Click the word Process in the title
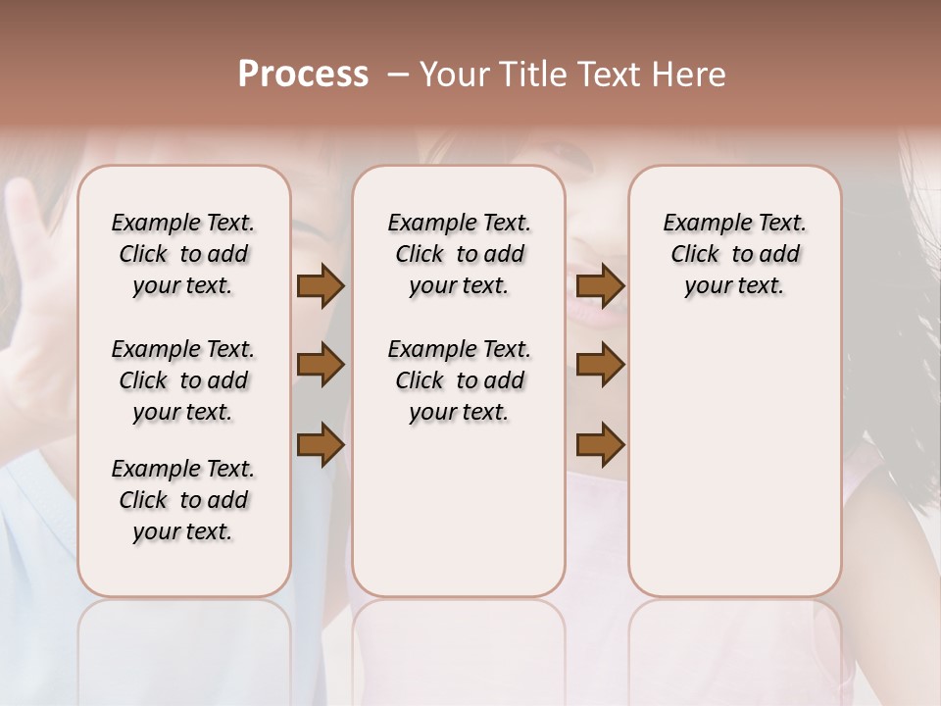pyautogui.click(x=303, y=75)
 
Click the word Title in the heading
pyautogui.click(x=530, y=75)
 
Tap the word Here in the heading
pyautogui.click(x=689, y=75)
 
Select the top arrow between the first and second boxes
pyautogui.click(x=321, y=286)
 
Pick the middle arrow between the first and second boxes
pyautogui.click(x=321, y=366)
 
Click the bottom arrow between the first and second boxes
pyautogui.click(x=321, y=445)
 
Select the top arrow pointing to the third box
pyautogui.click(x=600, y=286)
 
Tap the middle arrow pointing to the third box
pyautogui.click(x=600, y=366)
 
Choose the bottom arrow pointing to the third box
pyautogui.click(x=600, y=445)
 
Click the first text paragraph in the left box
pyautogui.click(x=183, y=254)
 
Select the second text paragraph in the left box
pyautogui.click(x=183, y=380)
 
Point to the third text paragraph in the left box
pyautogui.click(x=183, y=500)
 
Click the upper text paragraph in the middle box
pyautogui.click(x=459, y=254)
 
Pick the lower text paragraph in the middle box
pyautogui.click(x=459, y=380)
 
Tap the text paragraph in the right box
pyautogui.click(x=734, y=254)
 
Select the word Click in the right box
pyautogui.click(x=695, y=255)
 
